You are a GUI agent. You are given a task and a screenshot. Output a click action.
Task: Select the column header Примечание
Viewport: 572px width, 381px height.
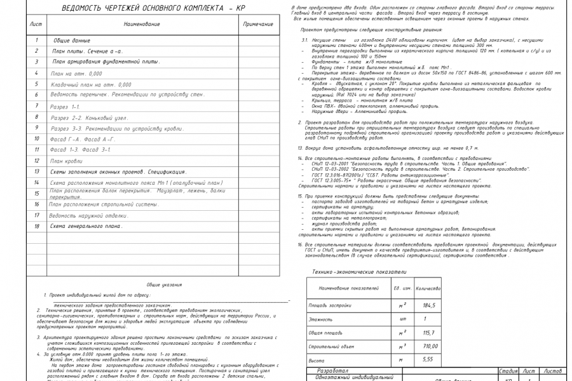(x=257, y=24)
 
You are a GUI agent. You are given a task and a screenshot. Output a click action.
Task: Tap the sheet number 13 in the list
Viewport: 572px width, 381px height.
(x=37, y=171)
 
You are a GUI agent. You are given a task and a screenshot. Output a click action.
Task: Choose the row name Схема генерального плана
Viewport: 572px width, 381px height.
(x=86, y=226)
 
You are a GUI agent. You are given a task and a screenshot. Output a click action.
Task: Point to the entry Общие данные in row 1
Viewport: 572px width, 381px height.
(x=71, y=41)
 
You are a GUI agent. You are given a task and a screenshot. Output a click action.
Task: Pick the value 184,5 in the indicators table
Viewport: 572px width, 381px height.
(x=429, y=305)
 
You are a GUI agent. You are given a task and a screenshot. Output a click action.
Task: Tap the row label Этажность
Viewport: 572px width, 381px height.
(x=321, y=319)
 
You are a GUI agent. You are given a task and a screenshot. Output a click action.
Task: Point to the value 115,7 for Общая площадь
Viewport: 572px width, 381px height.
(x=429, y=333)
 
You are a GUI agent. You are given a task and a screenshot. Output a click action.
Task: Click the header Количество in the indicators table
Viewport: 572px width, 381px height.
(x=428, y=288)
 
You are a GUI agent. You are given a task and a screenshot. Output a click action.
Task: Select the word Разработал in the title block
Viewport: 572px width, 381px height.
(x=332, y=370)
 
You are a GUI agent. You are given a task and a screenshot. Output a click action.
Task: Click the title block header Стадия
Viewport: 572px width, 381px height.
(x=508, y=370)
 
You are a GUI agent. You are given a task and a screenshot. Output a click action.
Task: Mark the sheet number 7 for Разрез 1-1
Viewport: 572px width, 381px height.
(x=37, y=106)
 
